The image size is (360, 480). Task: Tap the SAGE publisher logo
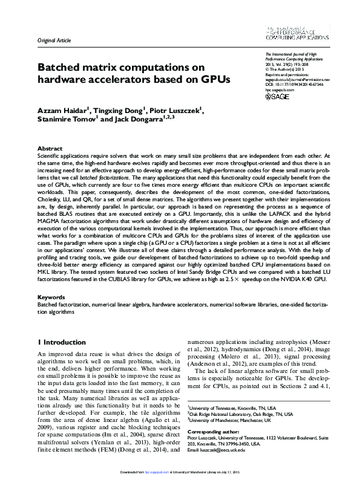point(278,96)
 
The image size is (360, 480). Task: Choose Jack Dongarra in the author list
point(139,119)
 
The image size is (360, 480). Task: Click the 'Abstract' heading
point(50,148)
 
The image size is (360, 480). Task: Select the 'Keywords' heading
point(51,297)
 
